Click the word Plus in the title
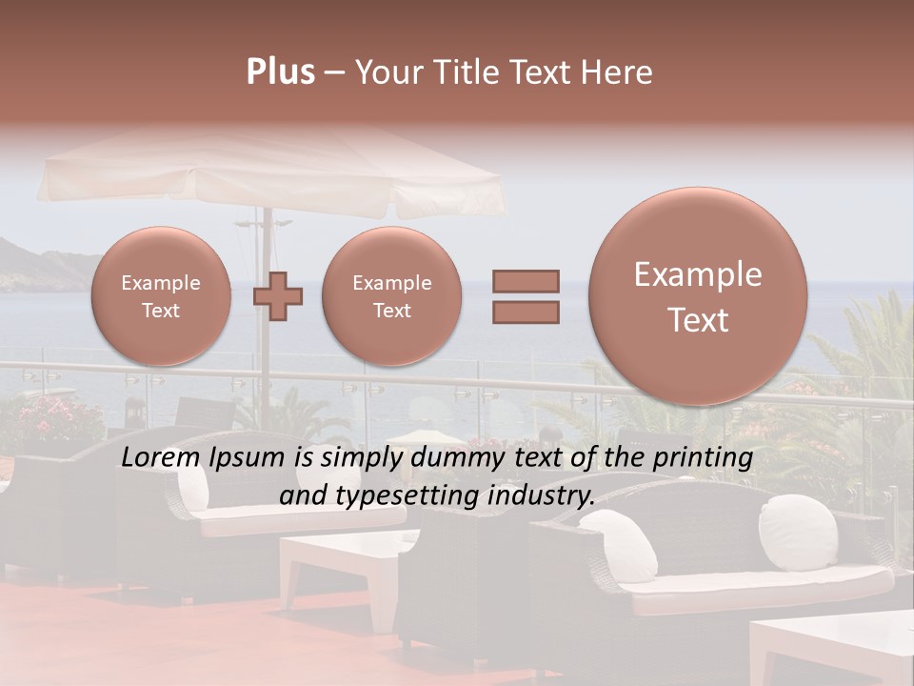[x=280, y=72]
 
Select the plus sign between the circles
[x=278, y=296]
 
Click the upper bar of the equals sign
[x=525, y=281]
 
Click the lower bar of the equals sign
[x=525, y=312]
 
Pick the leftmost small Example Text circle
[x=161, y=296]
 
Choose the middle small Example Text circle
[x=391, y=296]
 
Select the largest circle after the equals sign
[x=698, y=296]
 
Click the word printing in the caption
[x=702, y=458]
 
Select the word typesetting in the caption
[x=411, y=496]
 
